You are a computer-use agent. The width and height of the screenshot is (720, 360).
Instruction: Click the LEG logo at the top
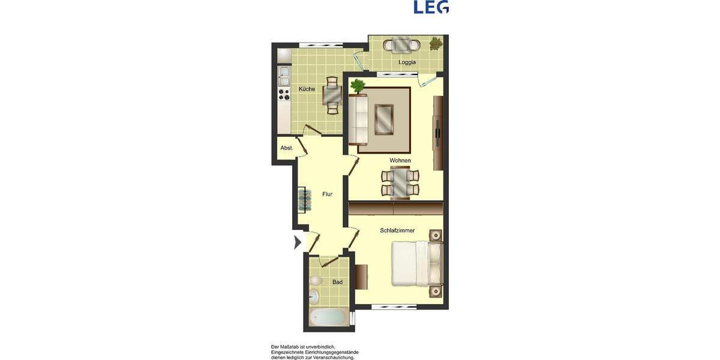click(x=431, y=7)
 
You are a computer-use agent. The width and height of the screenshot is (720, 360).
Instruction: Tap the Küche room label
click(x=307, y=89)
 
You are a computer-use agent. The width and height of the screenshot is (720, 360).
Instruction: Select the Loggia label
click(x=407, y=62)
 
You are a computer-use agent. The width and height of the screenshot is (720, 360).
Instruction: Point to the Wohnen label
click(x=400, y=160)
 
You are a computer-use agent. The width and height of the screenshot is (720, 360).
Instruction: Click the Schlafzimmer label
click(x=397, y=230)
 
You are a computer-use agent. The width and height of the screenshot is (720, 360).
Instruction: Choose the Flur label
click(x=327, y=194)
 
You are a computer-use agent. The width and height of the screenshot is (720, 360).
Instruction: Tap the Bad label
click(x=337, y=282)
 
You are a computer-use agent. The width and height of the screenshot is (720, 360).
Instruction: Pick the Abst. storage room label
click(x=287, y=148)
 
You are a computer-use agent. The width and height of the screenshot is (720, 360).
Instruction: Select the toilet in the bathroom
click(x=316, y=280)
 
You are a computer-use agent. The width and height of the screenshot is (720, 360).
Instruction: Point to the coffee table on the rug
click(x=383, y=119)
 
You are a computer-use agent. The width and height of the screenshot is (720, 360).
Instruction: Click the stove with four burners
click(x=284, y=94)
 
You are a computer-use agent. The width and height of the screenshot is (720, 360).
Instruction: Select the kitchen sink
click(x=284, y=76)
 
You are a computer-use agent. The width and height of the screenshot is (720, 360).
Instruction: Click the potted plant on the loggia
click(x=436, y=44)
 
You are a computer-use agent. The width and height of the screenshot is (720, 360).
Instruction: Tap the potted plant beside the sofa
click(x=358, y=85)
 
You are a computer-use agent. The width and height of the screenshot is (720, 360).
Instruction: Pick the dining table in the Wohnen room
click(x=400, y=183)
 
